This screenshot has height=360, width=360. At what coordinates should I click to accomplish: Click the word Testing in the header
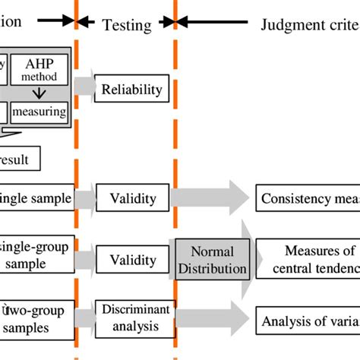coord(126,25)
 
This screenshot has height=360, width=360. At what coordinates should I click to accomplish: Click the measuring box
coord(39,112)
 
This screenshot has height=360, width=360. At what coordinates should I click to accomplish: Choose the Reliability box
coord(132,90)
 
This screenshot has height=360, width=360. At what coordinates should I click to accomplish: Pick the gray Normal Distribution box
coord(212,261)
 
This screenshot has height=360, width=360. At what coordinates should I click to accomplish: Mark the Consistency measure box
coord(308,200)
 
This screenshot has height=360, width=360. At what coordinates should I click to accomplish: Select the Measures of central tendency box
coord(308,259)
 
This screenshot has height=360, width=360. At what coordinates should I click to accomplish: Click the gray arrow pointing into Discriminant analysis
coord(85,315)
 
